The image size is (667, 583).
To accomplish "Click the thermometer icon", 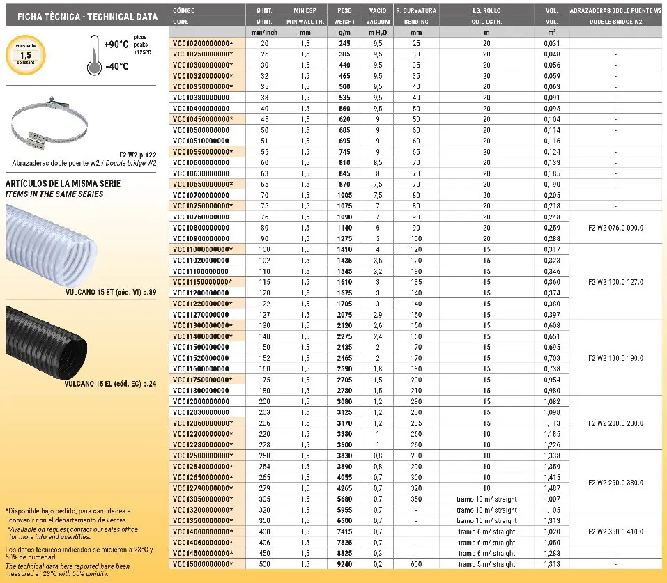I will (93, 57).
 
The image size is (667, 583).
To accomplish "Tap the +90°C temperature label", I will (116, 45).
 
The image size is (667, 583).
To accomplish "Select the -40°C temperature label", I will (116, 66).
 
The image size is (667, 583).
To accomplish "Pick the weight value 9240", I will (344, 564).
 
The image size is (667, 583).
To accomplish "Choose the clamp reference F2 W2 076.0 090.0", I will (616, 228).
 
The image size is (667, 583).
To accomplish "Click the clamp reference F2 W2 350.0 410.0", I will (616, 531).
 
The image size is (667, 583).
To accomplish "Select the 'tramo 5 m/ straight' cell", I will (486, 564).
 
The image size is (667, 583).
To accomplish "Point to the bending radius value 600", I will (416, 564).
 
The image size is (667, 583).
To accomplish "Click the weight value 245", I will (344, 43).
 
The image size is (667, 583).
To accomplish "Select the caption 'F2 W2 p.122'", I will (137, 154).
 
